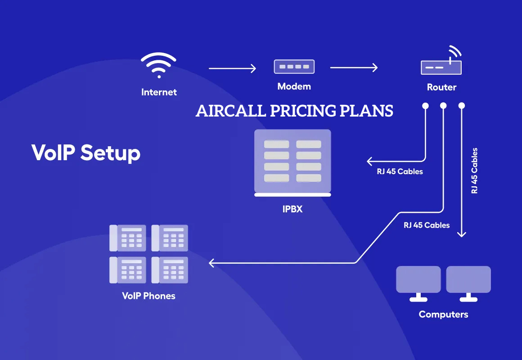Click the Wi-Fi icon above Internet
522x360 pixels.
158,65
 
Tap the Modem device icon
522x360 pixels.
294,67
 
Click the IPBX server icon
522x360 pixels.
292,163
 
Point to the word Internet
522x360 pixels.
159,92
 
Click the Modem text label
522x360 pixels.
294,86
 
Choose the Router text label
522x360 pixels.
441,87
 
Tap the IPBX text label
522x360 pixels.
292,209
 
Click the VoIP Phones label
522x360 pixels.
148,296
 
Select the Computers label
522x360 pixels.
443,315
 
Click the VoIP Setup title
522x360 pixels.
86,153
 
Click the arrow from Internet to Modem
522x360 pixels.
232,68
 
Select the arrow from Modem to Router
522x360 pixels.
354,67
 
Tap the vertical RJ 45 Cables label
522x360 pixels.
474,171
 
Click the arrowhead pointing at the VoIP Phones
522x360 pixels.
211,263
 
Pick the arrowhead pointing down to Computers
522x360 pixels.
461,234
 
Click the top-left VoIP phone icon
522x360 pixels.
128,238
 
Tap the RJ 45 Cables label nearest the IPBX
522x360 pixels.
400,171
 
